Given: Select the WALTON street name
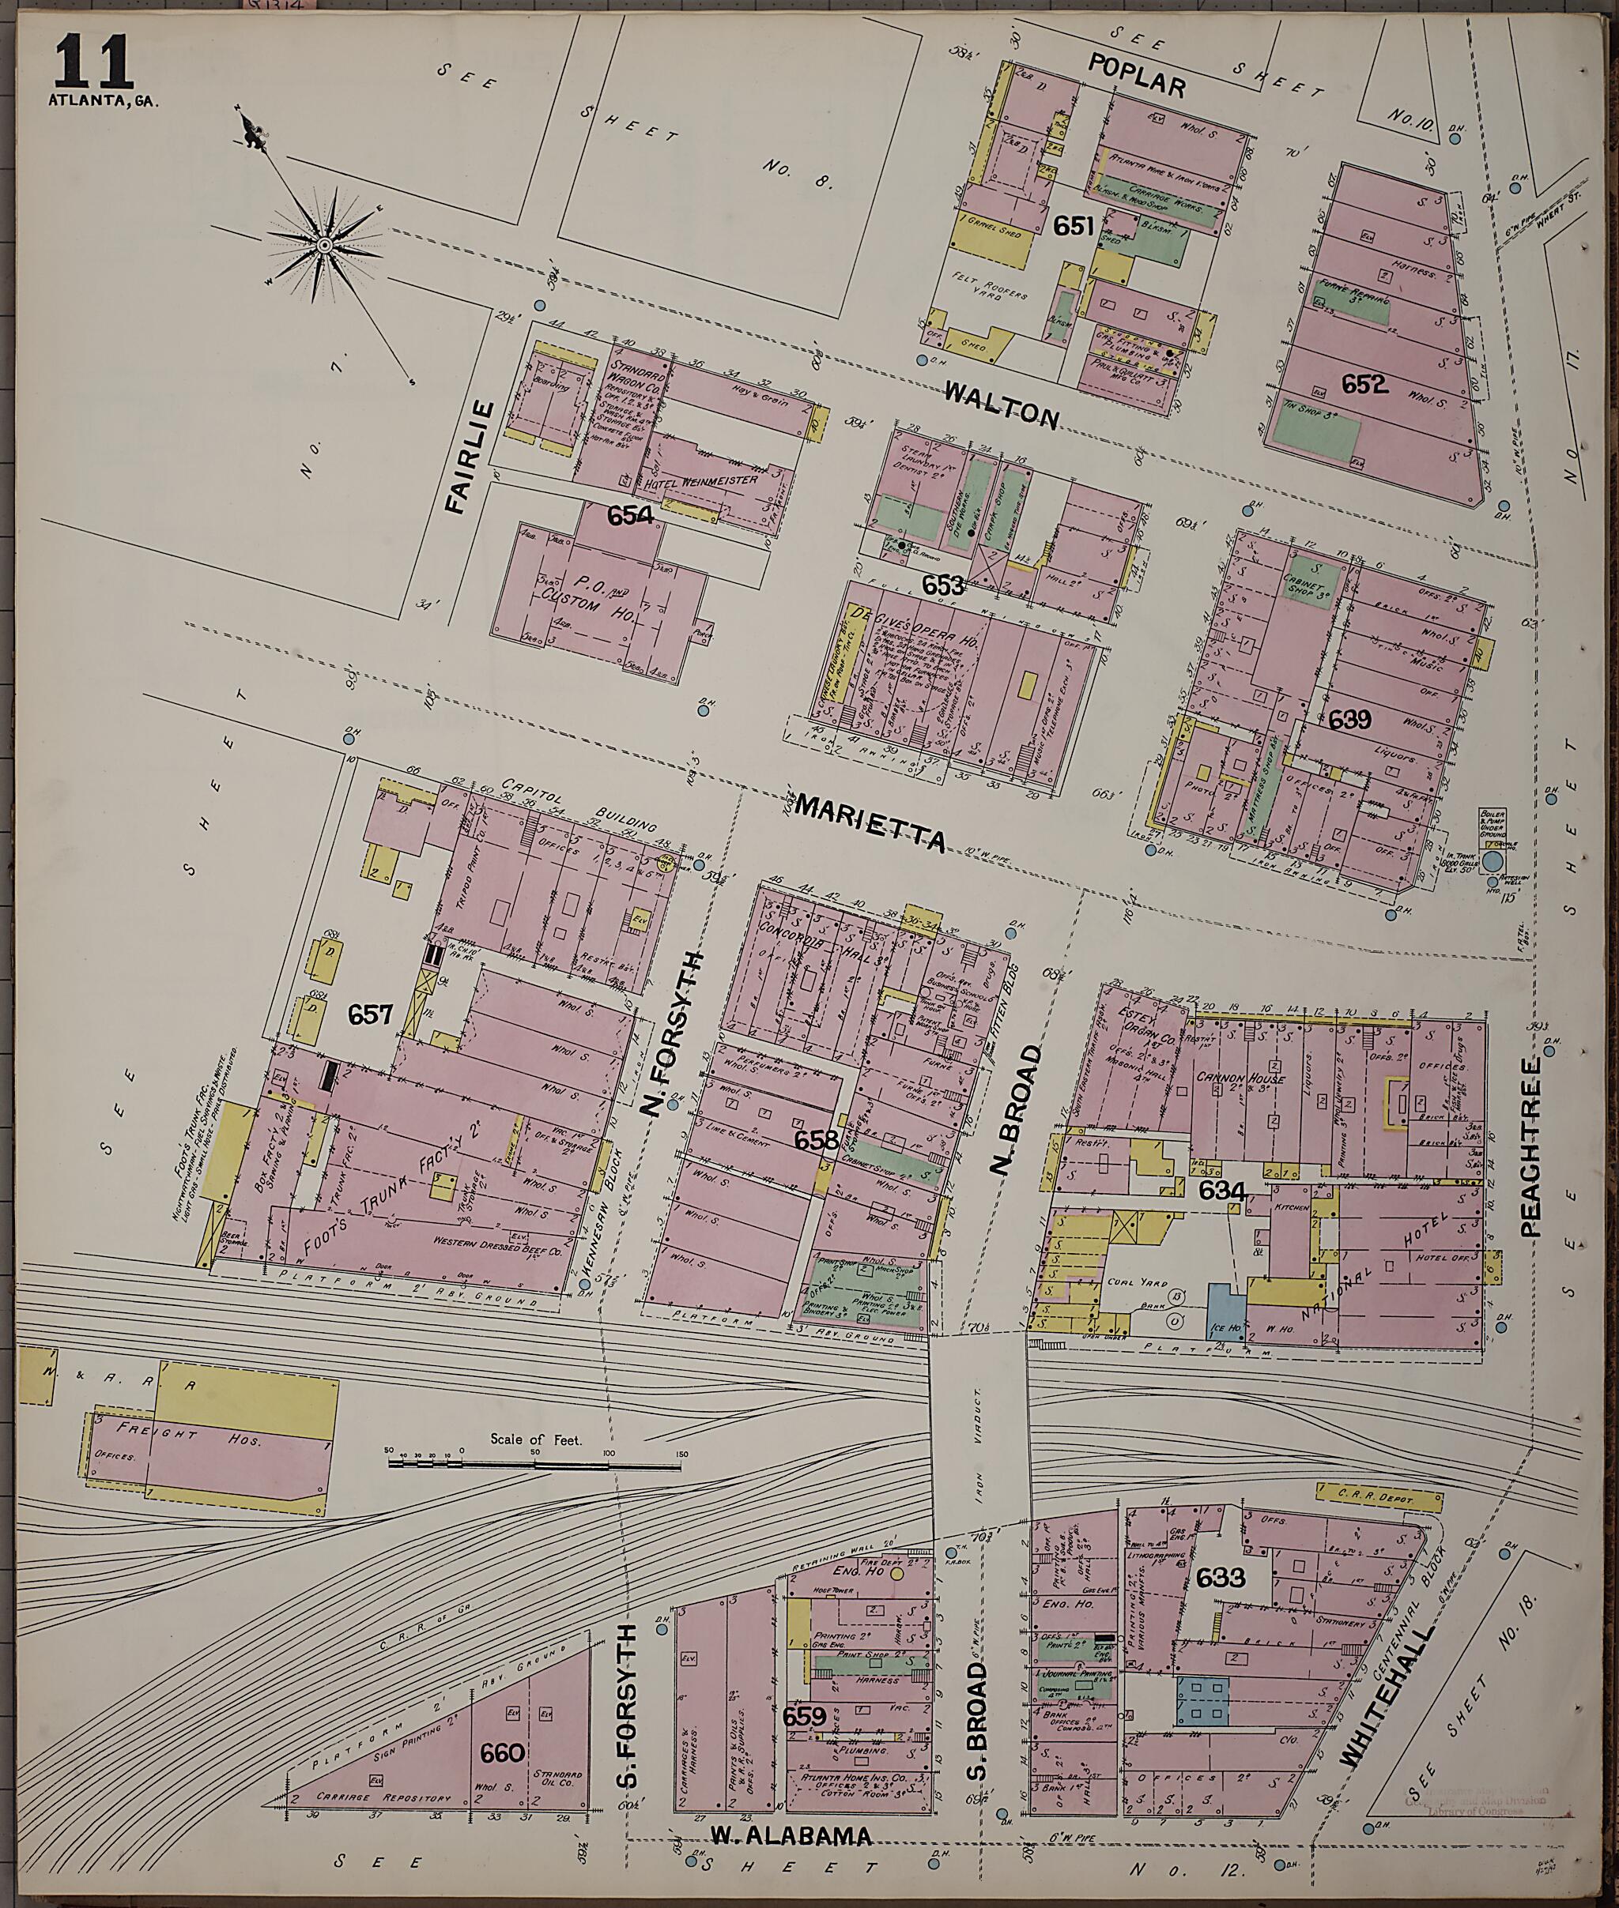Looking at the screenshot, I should [1002, 404].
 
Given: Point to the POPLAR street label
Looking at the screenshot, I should [1137, 74].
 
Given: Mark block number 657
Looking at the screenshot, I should [370, 1014].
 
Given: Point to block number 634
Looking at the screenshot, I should [1221, 1191].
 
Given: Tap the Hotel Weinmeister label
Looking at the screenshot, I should [702, 480].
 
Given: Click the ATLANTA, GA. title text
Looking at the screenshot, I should [103, 101].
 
